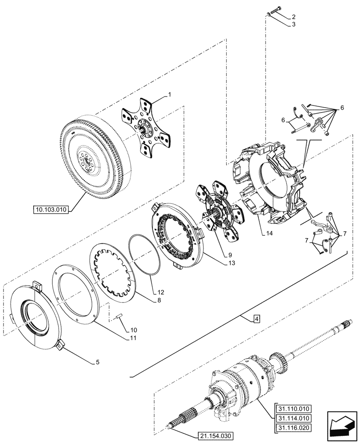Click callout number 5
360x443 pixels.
point(97,362)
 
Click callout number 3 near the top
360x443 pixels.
point(293,25)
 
